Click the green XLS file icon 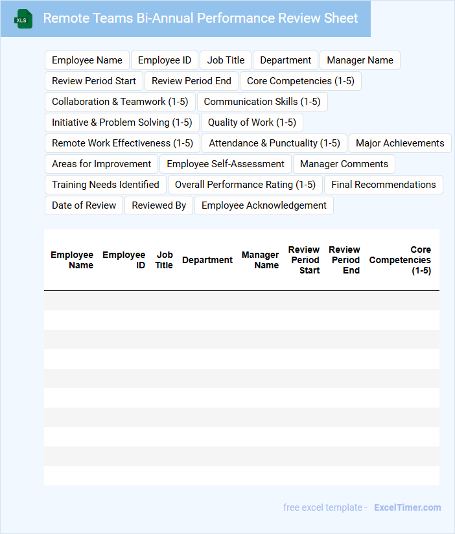pyautogui.click(x=23, y=19)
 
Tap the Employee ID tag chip pyautogui.click(x=165, y=60)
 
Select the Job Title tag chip pyautogui.click(x=226, y=60)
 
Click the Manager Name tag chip pyautogui.click(x=360, y=60)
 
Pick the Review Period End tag pyautogui.click(x=191, y=81)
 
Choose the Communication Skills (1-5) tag pyautogui.click(x=262, y=102)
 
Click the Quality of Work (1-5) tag pyautogui.click(x=251, y=122)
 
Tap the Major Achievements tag pyautogui.click(x=400, y=143)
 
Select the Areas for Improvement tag pyautogui.click(x=101, y=164)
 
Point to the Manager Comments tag pyautogui.click(x=344, y=164)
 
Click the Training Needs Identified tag pyautogui.click(x=106, y=185)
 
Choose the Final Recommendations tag pyautogui.click(x=383, y=185)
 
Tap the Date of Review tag pyautogui.click(x=84, y=205)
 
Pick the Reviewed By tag pyautogui.click(x=159, y=205)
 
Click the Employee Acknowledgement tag pyautogui.click(x=264, y=205)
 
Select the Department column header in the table pyautogui.click(x=207, y=260)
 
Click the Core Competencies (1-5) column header pyautogui.click(x=401, y=260)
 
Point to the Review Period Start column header pyautogui.click(x=304, y=260)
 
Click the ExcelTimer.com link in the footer pyautogui.click(x=407, y=507)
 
